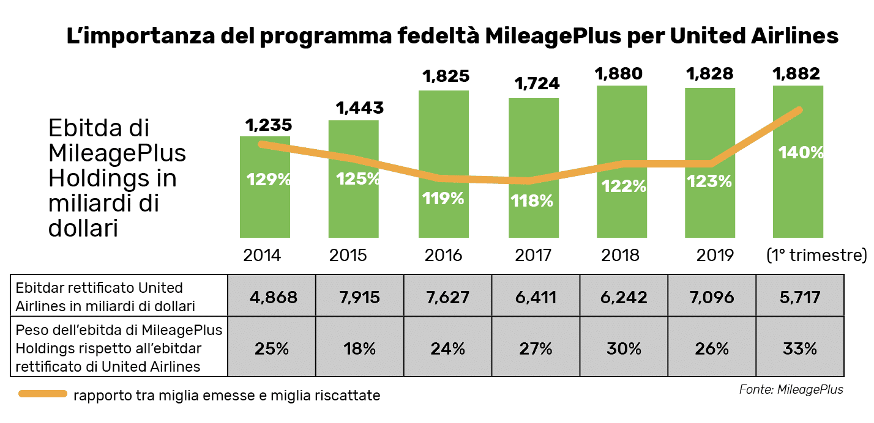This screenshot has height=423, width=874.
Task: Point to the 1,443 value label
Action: [x=360, y=108]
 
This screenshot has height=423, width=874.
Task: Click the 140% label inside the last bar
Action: [x=801, y=152]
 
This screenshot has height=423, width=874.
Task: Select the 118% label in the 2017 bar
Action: [x=532, y=200]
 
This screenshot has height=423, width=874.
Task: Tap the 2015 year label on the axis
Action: [x=348, y=255]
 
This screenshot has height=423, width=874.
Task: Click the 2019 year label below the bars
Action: [x=715, y=255]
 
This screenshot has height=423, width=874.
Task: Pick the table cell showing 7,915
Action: [x=360, y=297]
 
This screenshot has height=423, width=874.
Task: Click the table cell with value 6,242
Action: [x=624, y=297]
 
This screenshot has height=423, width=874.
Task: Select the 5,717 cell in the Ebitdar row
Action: [x=800, y=297]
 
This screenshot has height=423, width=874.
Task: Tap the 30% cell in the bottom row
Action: [x=624, y=348]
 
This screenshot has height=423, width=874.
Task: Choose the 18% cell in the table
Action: [x=360, y=348]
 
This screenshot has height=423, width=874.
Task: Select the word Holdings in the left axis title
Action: [x=95, y=178]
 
